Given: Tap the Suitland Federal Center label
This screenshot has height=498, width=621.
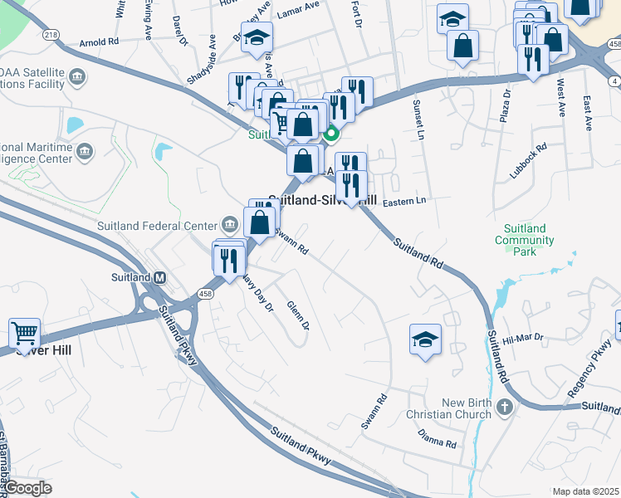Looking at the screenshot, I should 157,224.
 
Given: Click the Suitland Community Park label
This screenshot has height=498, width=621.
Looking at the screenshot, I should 525,234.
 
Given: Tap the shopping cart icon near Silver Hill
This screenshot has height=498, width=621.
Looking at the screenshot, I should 25,334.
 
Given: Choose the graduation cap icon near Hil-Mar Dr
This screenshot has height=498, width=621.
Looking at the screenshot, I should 425,339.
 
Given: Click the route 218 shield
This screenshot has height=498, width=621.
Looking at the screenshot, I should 51,34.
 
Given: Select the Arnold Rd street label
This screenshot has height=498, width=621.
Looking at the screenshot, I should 99,41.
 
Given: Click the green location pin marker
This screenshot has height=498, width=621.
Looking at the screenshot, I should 331,133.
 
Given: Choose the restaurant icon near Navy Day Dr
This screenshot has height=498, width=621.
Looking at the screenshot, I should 226,260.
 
